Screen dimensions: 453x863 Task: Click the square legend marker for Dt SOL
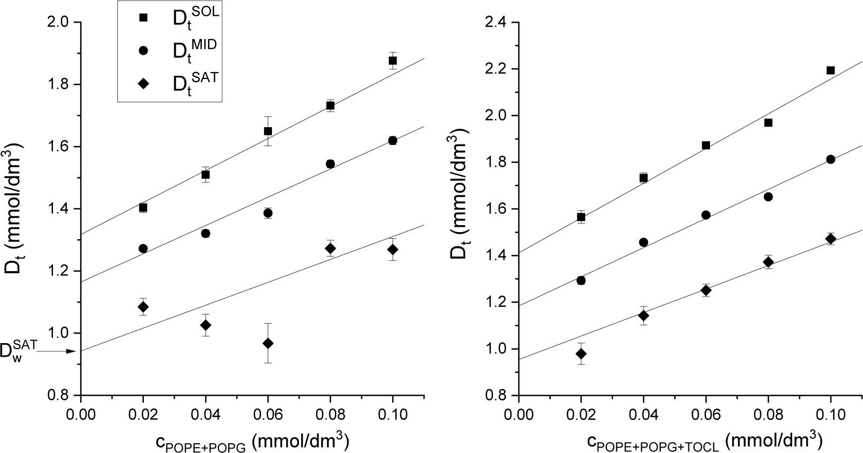pos(143,17)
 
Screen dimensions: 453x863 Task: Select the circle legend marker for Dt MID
pos(143,50)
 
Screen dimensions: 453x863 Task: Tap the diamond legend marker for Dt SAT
pos(143,83)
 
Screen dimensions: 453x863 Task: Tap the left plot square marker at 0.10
pos(393,61)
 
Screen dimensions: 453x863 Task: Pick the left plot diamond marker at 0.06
pos(268,343)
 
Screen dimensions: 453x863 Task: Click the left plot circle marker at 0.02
pos(143,248)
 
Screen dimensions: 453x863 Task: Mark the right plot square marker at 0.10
pos(831,70)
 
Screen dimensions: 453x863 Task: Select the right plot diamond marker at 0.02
pos(581,354)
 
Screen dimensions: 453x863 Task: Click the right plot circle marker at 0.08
pos(768,196)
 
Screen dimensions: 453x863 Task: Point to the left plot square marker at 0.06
pos(268,131)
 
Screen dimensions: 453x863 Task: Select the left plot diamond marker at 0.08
pos(330,248)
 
